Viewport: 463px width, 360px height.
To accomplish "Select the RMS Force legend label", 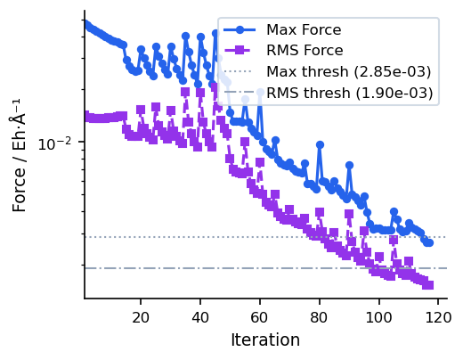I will pos(305,52).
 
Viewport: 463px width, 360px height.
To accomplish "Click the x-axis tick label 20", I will pos(141,317).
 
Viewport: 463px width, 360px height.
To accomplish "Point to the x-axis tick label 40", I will pos(200,317).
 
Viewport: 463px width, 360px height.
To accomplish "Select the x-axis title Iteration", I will pos(264,340).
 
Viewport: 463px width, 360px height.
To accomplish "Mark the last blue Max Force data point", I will pos(429,241).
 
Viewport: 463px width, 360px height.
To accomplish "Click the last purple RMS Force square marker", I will pos(429,284).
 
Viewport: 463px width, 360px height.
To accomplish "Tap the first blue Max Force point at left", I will pos(85,24).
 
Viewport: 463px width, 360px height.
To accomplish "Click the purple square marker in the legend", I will pos(243,52).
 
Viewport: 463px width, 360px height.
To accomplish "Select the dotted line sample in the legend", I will pos(243,72).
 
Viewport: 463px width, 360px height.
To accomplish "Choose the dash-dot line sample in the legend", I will pos(243,93).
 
